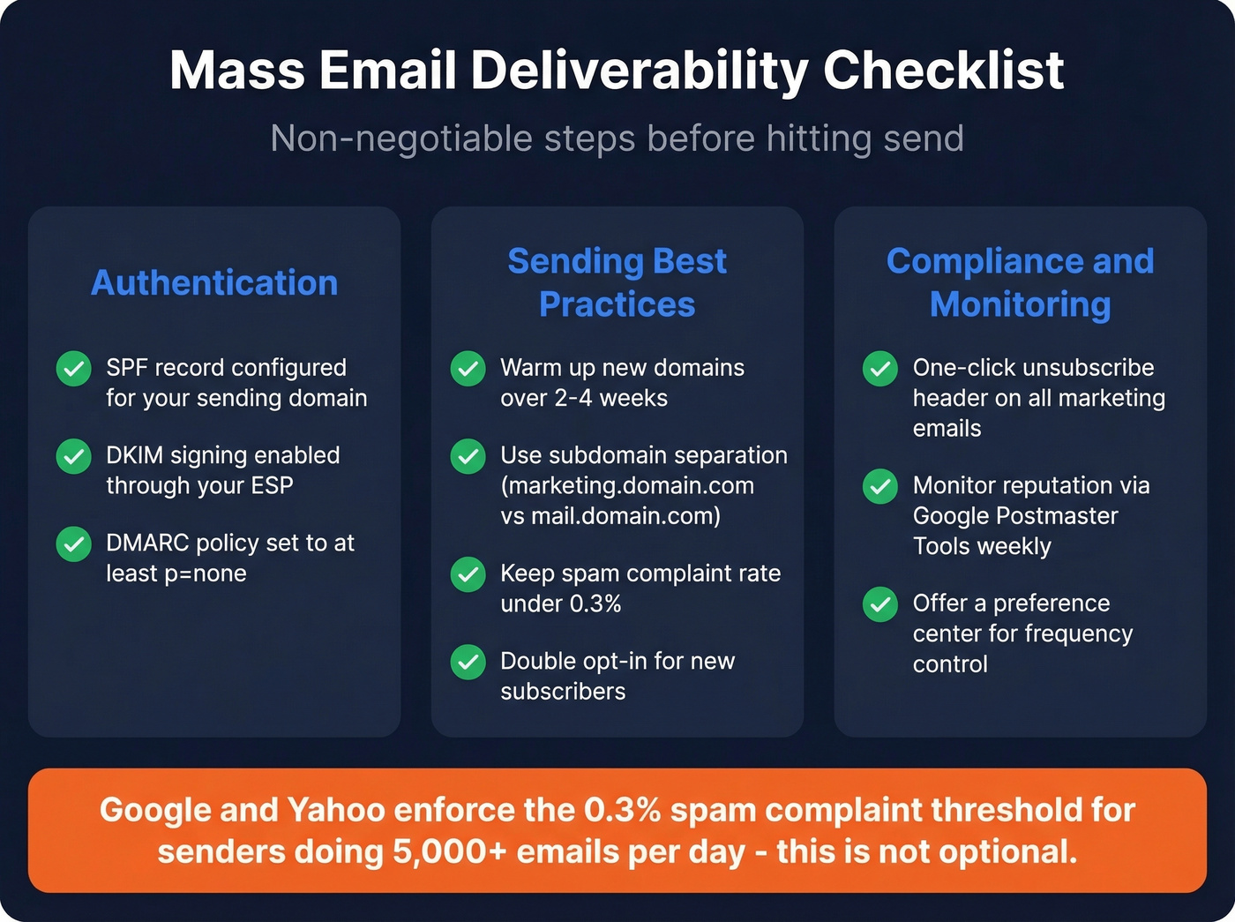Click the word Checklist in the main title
tap(943, 70)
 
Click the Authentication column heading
tap(214, 283)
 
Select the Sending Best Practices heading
tap(617, 282)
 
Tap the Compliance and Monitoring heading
tap(1020, 282)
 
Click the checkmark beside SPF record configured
tap(74, 369)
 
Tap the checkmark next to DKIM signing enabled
tap(74, 456)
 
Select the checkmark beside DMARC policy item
tap(74, 544)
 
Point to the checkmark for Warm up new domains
tap(468, 369)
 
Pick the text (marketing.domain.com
tap(627, 485)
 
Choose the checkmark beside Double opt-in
tap(468, 662)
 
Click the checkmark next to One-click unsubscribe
tap(880, 369)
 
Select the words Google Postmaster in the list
tap(1015, 515)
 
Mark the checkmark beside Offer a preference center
tap(880, 604)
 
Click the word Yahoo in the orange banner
tap(336, 810)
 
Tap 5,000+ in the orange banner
tap(450, 852)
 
